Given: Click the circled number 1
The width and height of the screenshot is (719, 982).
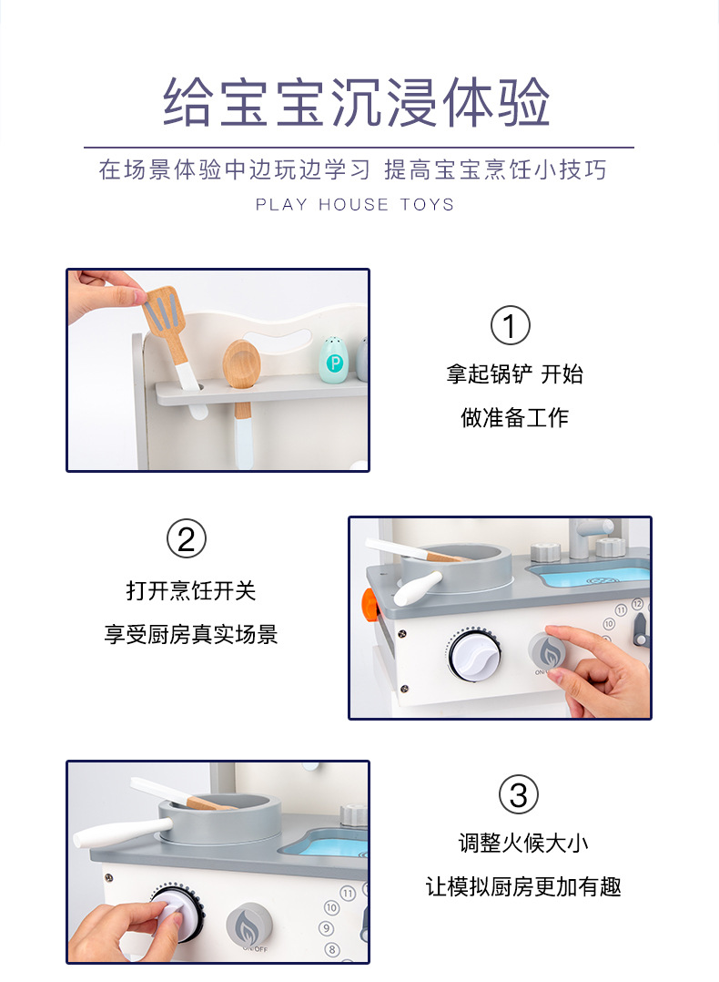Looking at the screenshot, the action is (510, 325).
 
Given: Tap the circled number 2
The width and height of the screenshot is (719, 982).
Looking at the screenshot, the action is (187, 538).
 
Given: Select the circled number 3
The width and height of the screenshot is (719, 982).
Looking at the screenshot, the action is (519, 794).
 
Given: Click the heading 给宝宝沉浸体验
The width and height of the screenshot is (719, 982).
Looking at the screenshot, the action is (357, 102).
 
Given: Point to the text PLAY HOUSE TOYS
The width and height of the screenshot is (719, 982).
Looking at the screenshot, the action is (355, 205).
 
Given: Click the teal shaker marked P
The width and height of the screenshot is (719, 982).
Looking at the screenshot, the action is (333, 360).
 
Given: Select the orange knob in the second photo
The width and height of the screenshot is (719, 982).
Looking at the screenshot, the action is (370, 607).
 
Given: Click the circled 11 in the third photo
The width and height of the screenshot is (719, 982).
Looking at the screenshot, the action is (348, 893).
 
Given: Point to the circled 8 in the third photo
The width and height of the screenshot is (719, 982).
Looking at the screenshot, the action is (332, 949).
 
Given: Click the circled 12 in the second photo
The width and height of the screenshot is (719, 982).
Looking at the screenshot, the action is (637, 604).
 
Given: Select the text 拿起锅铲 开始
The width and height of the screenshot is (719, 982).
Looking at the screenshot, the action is (514, 373).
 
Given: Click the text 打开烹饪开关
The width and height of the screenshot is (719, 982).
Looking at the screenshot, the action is (191, 590).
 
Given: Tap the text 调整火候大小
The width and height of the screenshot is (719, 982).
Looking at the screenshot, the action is (523, 843).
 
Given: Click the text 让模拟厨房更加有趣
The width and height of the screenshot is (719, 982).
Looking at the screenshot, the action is (523, 887).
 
